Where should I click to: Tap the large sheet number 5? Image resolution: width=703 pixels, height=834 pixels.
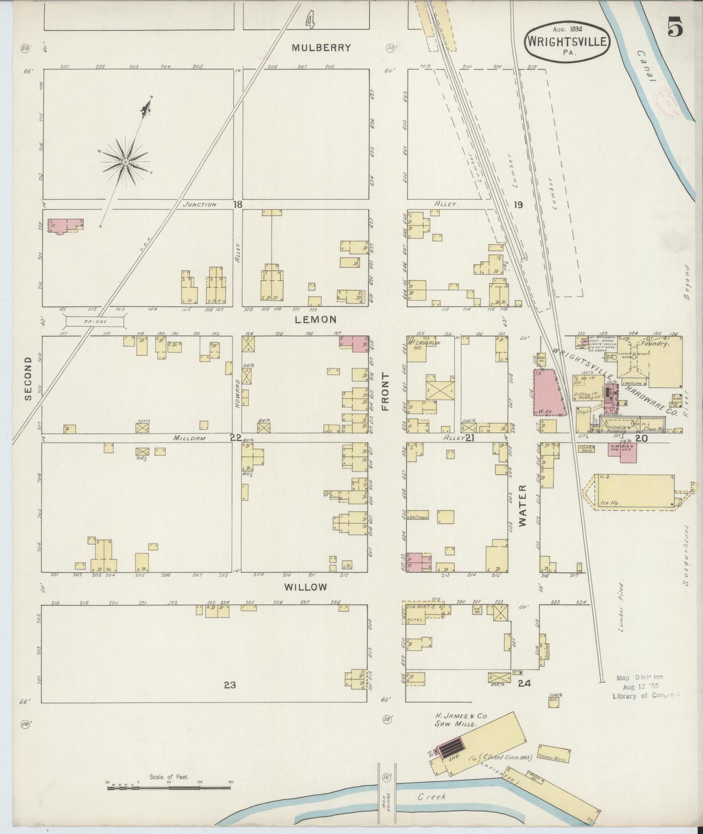[x=675, y=27]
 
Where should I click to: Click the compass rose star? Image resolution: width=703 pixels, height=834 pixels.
[x=125, y=162]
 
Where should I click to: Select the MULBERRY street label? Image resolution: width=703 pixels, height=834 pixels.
[x=321, y=48]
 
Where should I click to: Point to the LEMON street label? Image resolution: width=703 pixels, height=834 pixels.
[x=315, y=320]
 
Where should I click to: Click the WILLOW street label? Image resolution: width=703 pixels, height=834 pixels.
[x=306, y=587]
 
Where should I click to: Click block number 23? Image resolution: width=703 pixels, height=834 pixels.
[x=230, y=685]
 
